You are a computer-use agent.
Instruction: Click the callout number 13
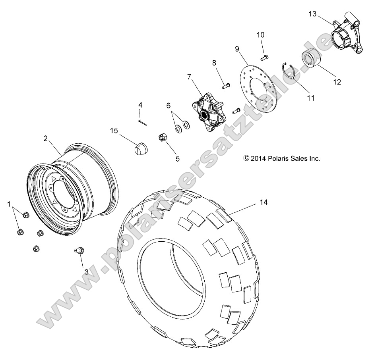pyautogui.click(x=312, y=14)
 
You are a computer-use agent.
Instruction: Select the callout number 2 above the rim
pyautogui.click(x=46, y=138)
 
